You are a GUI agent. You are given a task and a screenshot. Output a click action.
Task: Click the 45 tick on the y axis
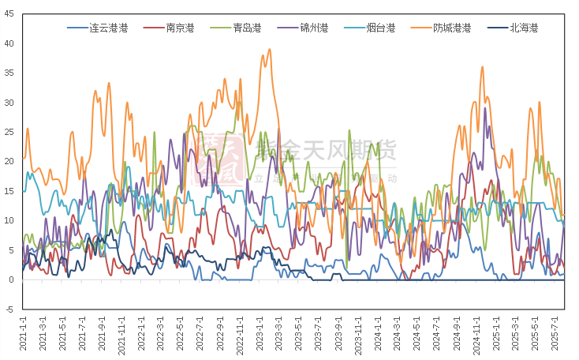pos(10,13)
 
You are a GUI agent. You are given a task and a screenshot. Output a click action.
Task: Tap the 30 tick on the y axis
pos(10,103)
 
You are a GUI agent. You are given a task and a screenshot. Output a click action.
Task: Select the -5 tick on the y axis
pos(10,309)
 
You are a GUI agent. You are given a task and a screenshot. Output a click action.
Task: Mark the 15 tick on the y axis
pos(10,191)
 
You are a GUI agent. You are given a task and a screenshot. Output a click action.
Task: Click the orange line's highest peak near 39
pos(270,50)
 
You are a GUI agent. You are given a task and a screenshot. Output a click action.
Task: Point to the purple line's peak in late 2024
pos(485,108)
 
